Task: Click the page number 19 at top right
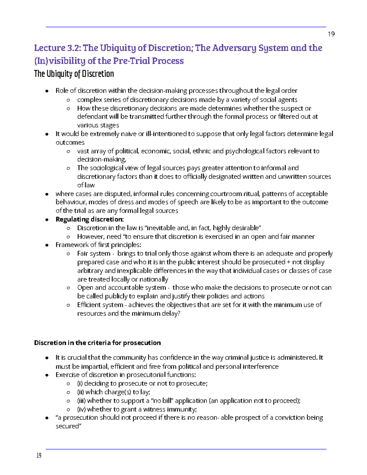click(331, 34)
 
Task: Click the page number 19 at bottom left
click(39, 456)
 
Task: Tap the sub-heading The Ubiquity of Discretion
click(74, 74)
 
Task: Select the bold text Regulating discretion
click(89, 219)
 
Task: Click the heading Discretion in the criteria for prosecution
click(97, 343)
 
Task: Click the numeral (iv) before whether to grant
click(81, 409)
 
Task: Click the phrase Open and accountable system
click(121, 288)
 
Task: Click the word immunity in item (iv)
click(184, 409)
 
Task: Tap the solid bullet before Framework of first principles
click(47, 245)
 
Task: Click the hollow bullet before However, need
click(68, 237)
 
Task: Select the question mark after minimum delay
click(179, 314)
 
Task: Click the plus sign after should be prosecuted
click(288, 262)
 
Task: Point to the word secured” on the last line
click(69, 426)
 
